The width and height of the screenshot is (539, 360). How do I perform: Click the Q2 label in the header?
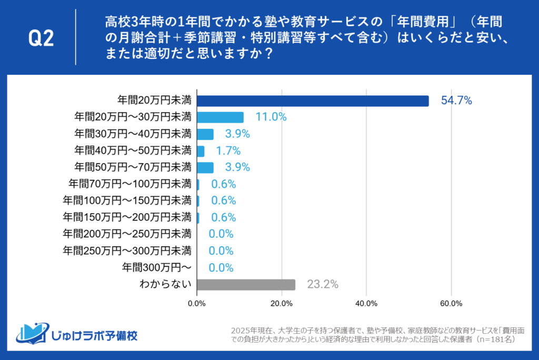(x=41, y=39)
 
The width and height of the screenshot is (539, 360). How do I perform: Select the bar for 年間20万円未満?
(x=313, y=101)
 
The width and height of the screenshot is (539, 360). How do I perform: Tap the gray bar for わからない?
(x=246, y=285)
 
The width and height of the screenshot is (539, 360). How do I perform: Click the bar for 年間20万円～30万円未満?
(x=220, y=117)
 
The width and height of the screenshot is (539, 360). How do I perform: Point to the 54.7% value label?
(x=456, y=101)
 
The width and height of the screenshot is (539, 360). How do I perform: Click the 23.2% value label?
(x=323, y=285)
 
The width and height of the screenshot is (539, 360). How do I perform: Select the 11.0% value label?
(x=271, y=117)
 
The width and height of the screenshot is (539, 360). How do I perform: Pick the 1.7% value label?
(x=228, y=151)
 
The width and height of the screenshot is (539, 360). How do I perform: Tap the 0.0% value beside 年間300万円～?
(x=221, y=268)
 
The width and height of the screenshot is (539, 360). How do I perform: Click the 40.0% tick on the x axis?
(x=366, y=304)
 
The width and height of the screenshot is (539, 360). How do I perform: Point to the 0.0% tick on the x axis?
(x=197, y=304)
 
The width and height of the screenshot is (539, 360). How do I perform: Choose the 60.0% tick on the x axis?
(x=451, y=304)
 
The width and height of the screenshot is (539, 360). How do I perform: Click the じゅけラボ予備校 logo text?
(x=94, y=335)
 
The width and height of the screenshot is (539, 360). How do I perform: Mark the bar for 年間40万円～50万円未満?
(x=201, y=151)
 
